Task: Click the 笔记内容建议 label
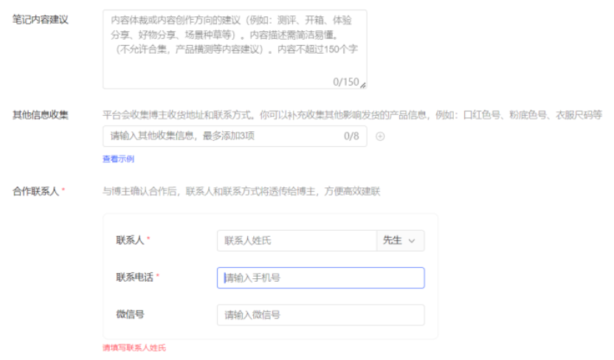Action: pos(41,20)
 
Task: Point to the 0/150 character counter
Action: pos(345,82)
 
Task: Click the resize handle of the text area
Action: pos(362,85)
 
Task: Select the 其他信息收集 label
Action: pos(41,115)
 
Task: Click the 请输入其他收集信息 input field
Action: pos(221,136)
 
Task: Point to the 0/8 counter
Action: pos(351,136)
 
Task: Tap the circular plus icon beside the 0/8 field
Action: pos(381,136)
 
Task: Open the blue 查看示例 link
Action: pos(118,159)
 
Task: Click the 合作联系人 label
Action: pos(35,192)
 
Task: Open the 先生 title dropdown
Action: pos(400,240)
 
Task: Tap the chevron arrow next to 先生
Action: pos(412,240)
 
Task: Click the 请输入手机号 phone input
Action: pos(320,278)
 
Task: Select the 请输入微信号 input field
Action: pos(320,315)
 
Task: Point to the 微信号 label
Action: pos(130,314)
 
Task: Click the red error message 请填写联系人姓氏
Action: pos(134,347)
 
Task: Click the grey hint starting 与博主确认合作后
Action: pos(241,192)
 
